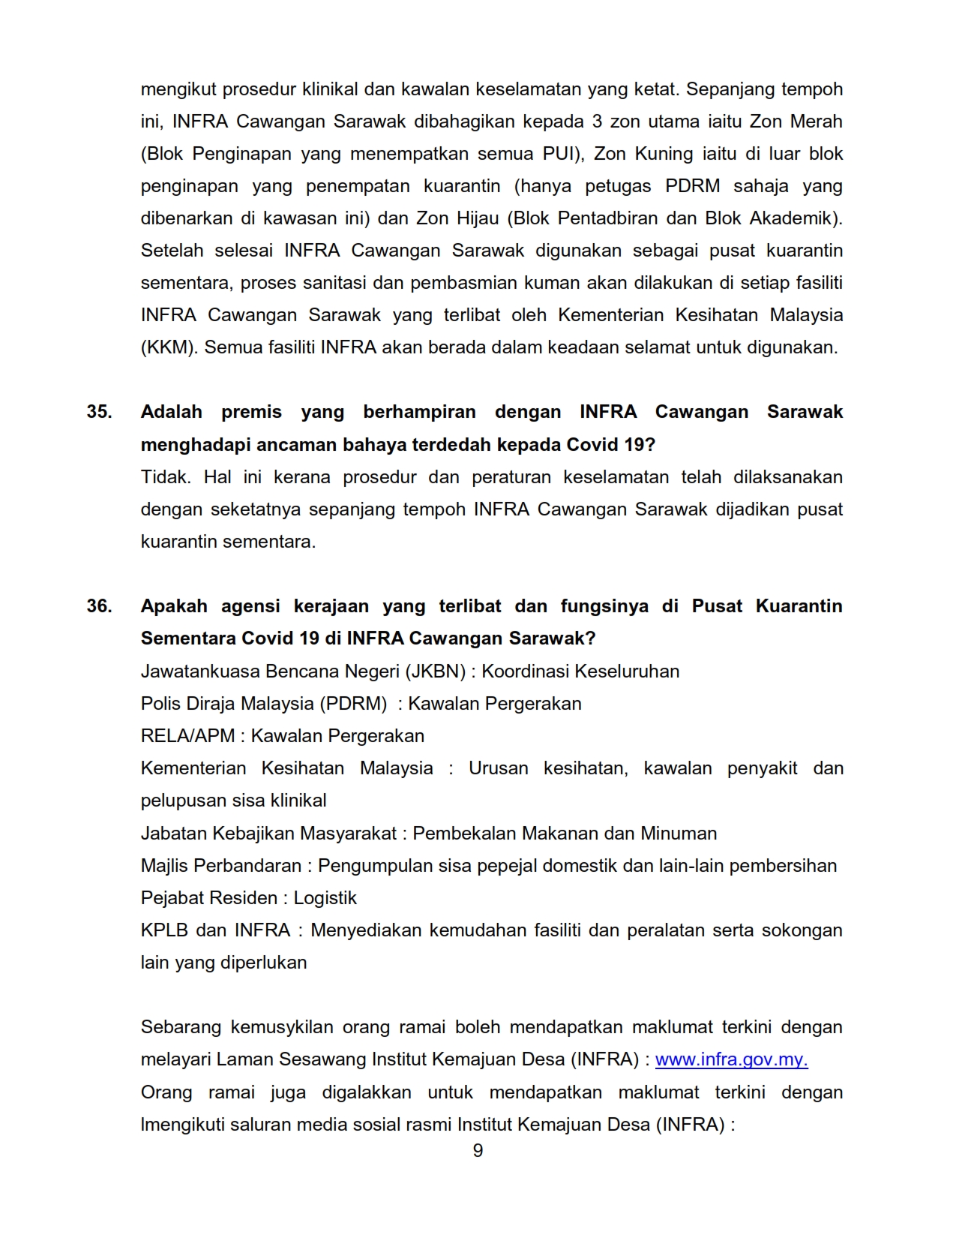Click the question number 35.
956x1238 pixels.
99,412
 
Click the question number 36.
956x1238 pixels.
99,606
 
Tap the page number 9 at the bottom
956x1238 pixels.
478,1151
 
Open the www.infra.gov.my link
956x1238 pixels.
731,1059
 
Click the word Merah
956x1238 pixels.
816,122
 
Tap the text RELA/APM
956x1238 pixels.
187,736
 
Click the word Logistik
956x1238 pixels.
325,898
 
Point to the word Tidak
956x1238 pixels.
166,477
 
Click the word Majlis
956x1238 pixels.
164,866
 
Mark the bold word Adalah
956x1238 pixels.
171,412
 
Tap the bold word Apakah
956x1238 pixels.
174,606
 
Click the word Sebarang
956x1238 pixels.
178,1027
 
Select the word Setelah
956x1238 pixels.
172,251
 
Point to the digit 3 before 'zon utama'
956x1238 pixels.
597,122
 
